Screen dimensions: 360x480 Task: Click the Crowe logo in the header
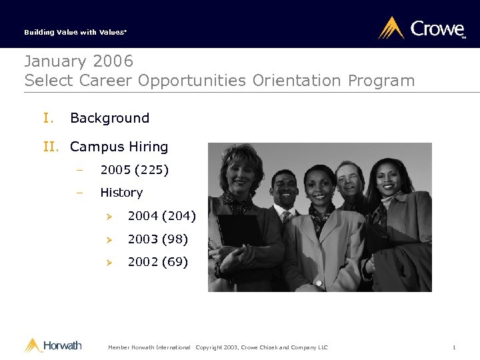click(421, 29)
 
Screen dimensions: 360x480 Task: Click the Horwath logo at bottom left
click(53, 345)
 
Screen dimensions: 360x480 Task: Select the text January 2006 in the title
click(79, 61)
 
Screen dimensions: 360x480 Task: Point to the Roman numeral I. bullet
click(49, 118)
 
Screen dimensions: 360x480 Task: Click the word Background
click(109, 118)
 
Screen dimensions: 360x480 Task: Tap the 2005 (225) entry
click(134, 170)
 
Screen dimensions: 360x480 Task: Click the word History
click(121, 193)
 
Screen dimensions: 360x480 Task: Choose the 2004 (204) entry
click(161, 215)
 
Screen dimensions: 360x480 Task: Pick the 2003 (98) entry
click(157, 239)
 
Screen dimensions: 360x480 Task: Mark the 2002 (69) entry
click(157, 262)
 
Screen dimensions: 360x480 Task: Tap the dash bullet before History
click(79, 193)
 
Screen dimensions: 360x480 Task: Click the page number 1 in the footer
click(453, 347)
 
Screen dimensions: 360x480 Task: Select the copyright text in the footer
click(261, 347)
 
